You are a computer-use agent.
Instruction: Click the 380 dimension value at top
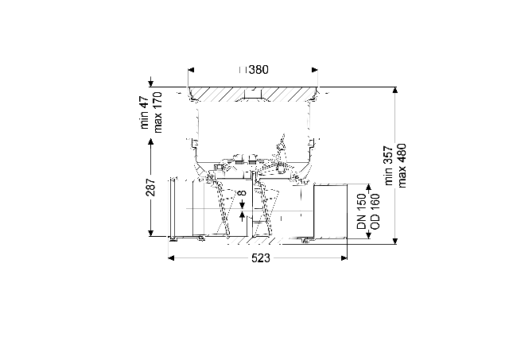coord(258,70)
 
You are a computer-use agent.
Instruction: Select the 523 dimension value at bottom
coord(261,258)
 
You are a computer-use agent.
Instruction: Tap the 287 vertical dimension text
coord(150,187)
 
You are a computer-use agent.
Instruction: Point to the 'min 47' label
coord(145,113)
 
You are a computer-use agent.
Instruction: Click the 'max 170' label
coord(157,113)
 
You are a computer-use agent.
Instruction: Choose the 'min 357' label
coord(389,166)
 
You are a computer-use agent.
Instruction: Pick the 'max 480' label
coord(402,166)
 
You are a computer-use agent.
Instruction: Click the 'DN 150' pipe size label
coord(361,211)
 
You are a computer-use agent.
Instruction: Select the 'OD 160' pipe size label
coord(375,211)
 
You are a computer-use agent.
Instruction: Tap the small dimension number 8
coord(242,193)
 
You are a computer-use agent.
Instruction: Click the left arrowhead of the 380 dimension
coord(191,70)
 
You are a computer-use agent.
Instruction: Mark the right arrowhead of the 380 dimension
coord(315,70)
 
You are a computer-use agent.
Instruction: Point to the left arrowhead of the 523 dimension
coord(172,258)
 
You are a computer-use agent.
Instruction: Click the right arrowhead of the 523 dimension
coord(344,258)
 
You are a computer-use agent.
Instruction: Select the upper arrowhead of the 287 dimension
coord(150,141)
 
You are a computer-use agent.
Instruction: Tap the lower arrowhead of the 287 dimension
coord(150,233)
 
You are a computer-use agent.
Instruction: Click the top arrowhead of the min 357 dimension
coord(394,90)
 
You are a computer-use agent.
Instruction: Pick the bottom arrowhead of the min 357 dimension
coord(394,241)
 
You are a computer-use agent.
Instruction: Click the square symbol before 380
coord(243,70)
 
